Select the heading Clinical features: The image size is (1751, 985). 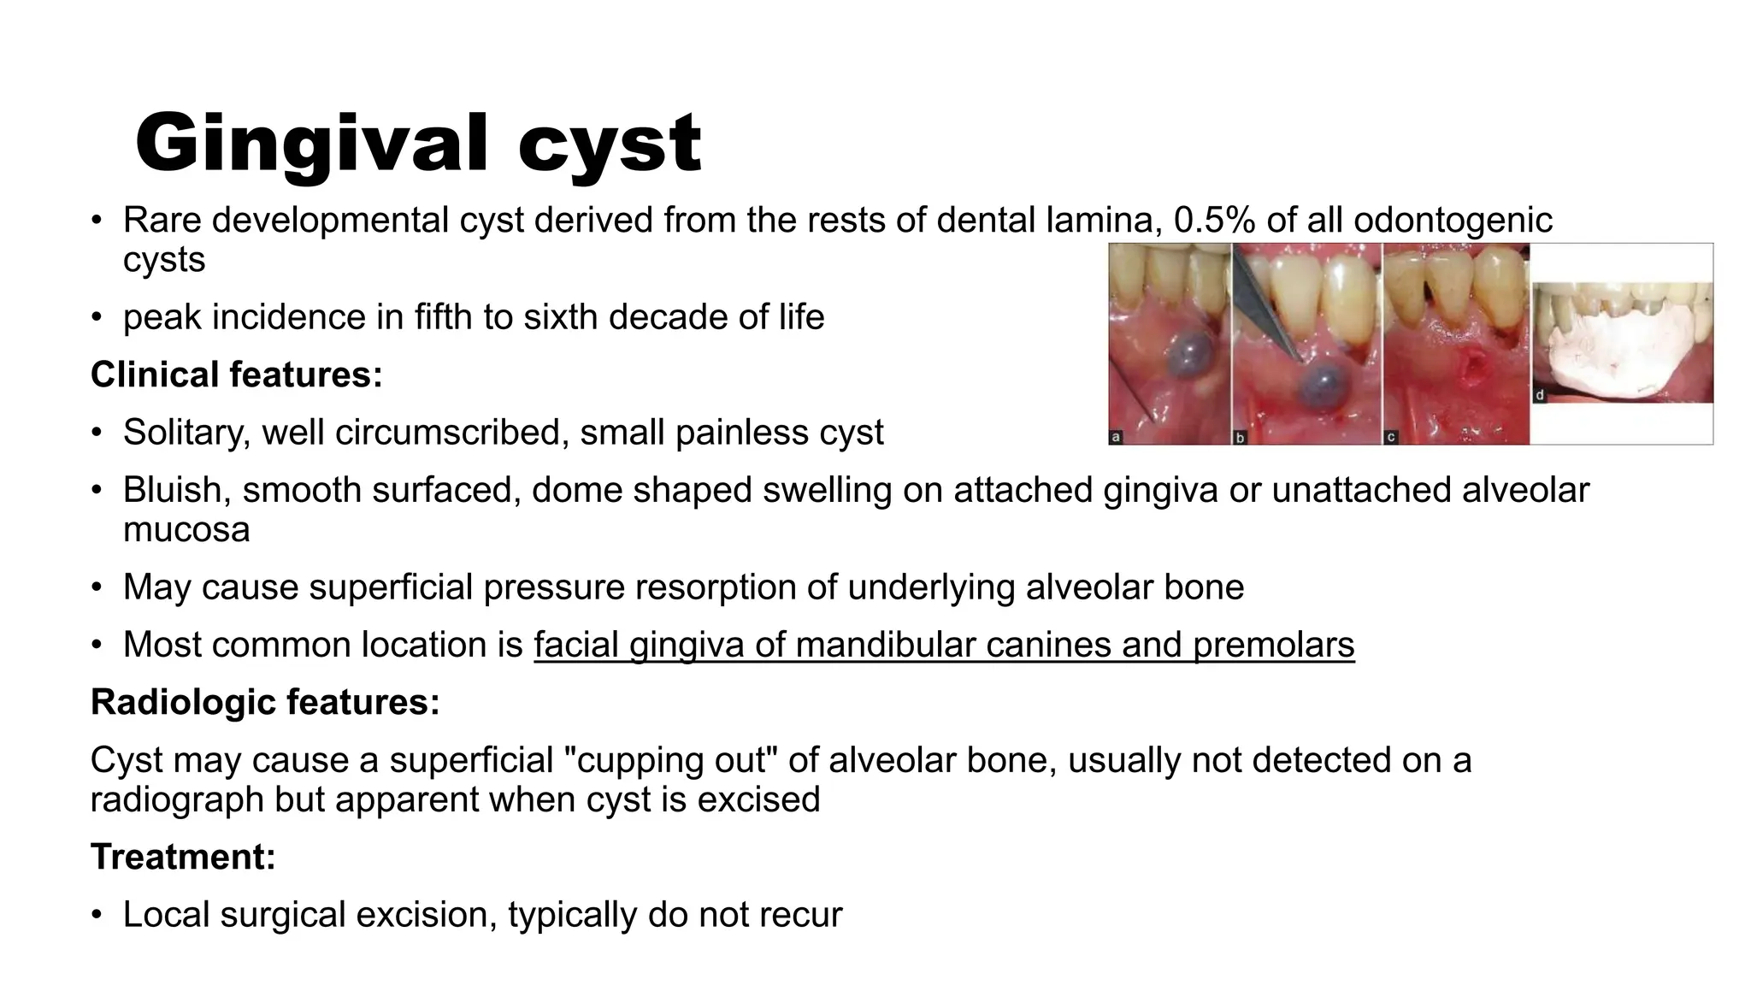236,375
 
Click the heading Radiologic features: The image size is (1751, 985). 265,702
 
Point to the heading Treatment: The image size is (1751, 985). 183,857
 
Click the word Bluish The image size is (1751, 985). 176,490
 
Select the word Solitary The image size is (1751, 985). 186,433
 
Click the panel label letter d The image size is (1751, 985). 1540,396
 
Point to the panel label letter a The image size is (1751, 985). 1116,438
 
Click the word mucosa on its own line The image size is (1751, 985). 186,530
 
